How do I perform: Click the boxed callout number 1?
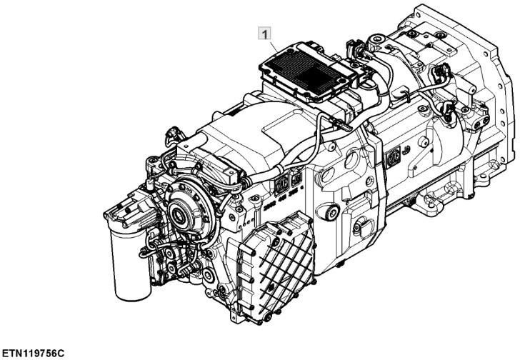coord(264,34)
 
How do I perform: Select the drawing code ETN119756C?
coord(33,352)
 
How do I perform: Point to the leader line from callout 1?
coord(274,46)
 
